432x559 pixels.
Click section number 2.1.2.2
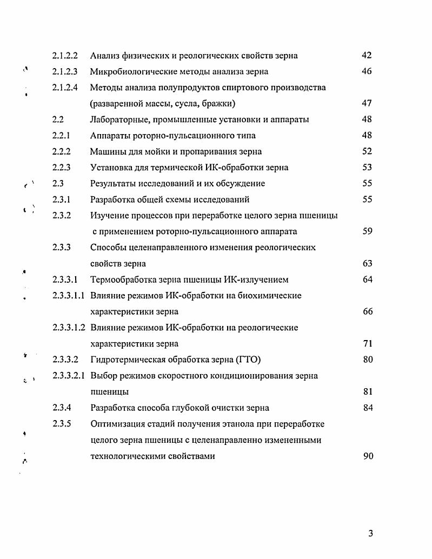click(x=65, y=56)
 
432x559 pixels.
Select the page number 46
click(x=367, y=71)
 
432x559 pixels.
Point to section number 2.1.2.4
click(x=65, y=88)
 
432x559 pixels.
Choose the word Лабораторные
click(x=116, y=119)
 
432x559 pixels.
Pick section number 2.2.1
click(x=61, y=136)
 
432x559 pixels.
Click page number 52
click(x=367, y=151)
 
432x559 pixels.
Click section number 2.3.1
click(x=61, y=199)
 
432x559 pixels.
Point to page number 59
click(x=367, y=231)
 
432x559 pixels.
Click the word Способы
click(x=107, y=248)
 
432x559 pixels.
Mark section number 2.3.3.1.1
click(x=69, y=296)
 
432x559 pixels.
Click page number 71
click(x=367, y=343)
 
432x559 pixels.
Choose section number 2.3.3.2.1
click(x=69, y=376)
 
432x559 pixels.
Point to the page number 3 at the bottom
click(x=370, y=534)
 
